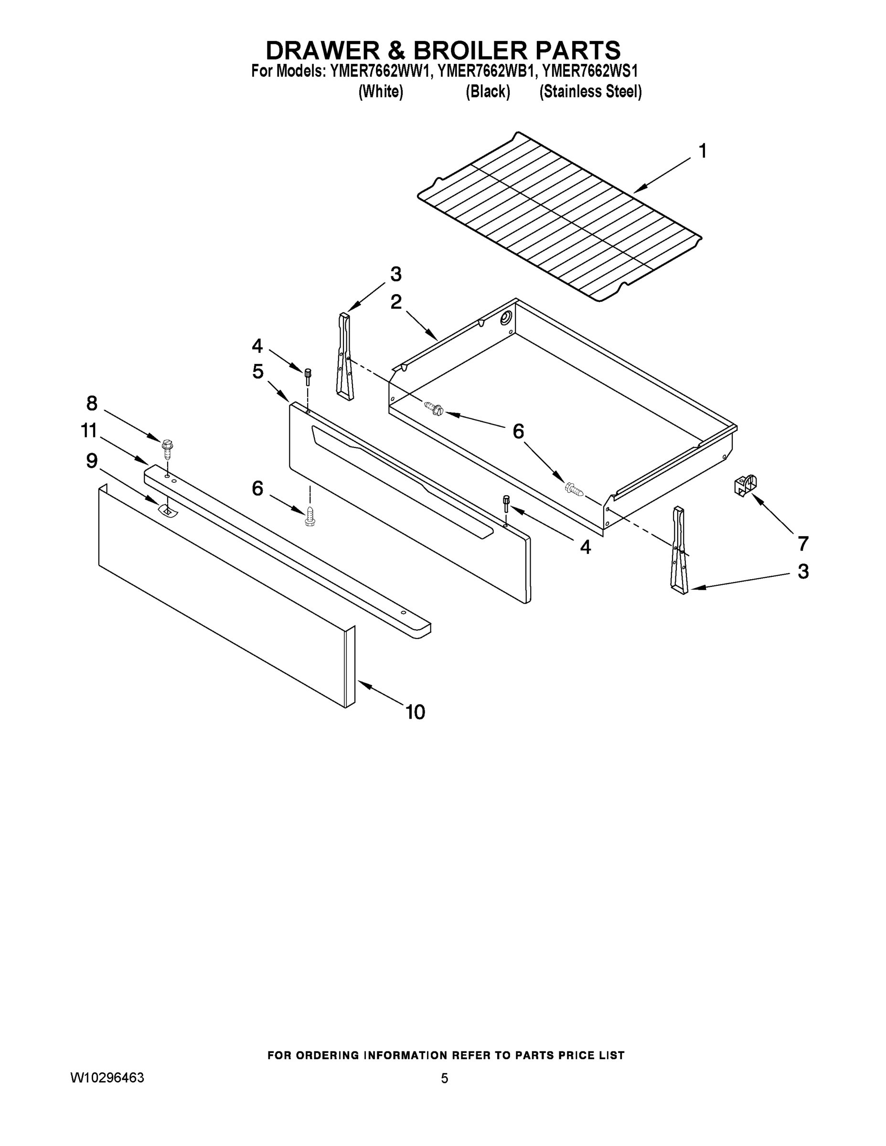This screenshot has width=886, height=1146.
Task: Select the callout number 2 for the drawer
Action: coord(396,302)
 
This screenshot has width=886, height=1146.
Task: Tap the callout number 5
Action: coord(257,371)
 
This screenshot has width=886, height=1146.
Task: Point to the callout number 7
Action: coord(802,543)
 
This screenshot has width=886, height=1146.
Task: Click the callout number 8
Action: coord(91,403)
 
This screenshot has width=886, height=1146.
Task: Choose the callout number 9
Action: coord(91,461)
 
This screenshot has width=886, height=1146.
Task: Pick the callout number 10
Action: coord(415,712)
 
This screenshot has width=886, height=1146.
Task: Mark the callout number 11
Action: coord(89,431)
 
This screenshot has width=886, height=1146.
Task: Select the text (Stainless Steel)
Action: coord(590,92)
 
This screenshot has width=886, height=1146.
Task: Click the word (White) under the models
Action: coord(381,92)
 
